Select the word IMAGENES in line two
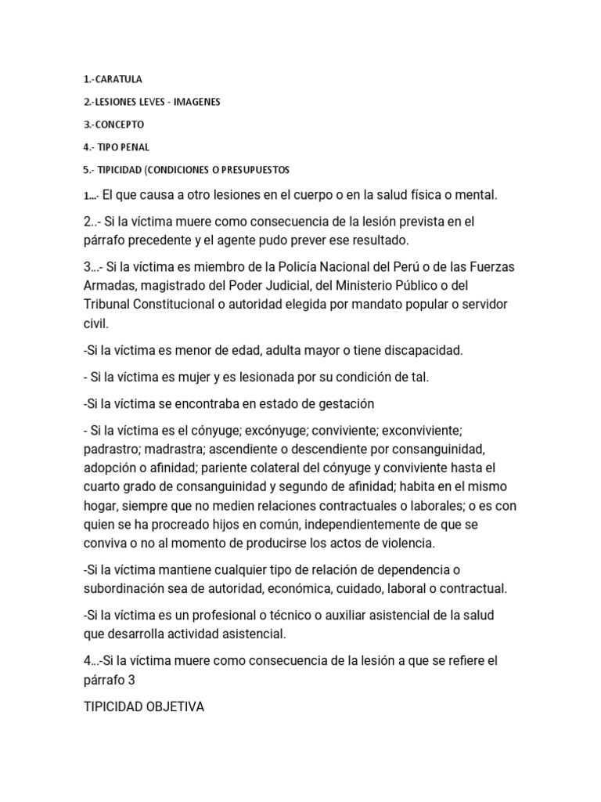(197, 102)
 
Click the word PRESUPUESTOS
(249, 170)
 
